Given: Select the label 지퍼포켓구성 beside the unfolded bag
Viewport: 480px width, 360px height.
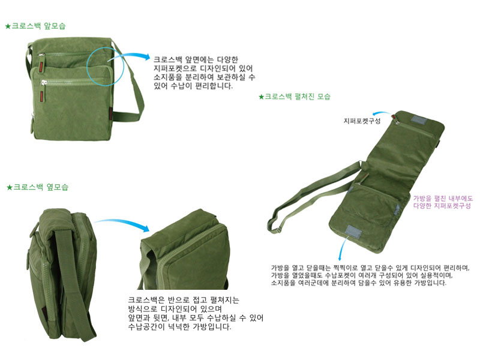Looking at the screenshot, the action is click(x=362, y=121).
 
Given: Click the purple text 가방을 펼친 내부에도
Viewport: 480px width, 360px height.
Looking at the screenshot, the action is click(x=443, y=199).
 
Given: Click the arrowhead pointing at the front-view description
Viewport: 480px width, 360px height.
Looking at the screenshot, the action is click(x=146, y=57).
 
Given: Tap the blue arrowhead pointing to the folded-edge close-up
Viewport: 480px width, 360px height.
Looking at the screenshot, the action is click(x=145, y=228).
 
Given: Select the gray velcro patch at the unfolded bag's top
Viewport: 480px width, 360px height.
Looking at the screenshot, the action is click(x=418, y=119).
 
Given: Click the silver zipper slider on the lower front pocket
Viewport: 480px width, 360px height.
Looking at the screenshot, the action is click(x=44, y=83).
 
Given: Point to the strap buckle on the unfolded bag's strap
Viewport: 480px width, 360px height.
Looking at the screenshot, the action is click(x=277, y=229).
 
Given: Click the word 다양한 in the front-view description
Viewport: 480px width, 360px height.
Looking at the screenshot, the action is click(x=227, y=59).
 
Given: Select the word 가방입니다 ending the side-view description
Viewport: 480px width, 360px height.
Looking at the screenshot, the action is click(x=212, y=327).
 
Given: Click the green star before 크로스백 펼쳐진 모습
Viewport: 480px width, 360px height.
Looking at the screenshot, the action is click(x=261, y=97).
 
